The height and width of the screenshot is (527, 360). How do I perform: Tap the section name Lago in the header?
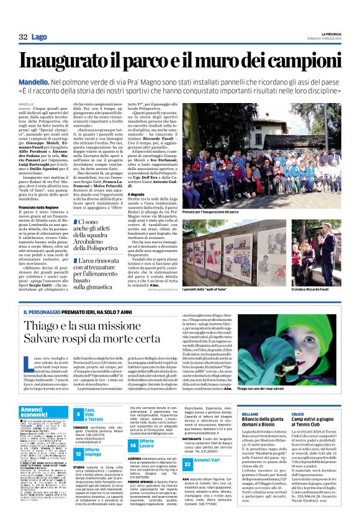pos(39,37)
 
